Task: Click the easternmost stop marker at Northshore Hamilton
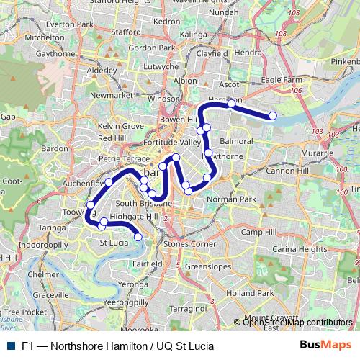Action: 273,116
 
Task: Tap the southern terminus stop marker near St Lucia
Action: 138,236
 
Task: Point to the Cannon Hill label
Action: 288,171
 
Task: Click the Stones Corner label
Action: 189,245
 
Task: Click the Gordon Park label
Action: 151,48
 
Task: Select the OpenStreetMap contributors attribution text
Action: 297,322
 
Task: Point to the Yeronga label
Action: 135,284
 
